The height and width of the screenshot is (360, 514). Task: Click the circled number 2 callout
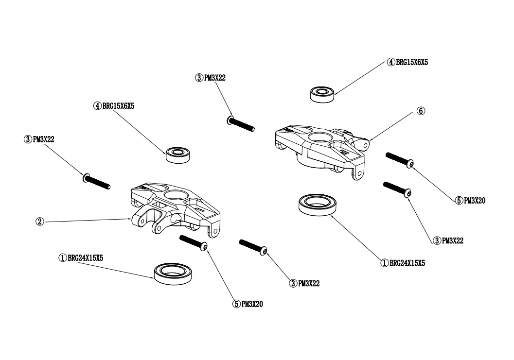(x=40, y=221)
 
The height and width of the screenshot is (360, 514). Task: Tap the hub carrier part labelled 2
(x=175, y=206)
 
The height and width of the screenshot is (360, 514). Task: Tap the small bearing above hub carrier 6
(x=321, y=93)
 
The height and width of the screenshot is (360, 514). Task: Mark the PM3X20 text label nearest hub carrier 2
(x=250, y=304)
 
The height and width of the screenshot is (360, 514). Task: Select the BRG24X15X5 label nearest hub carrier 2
(x=81, y=258)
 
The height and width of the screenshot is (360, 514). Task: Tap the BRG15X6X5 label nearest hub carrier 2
(x=114, y=105)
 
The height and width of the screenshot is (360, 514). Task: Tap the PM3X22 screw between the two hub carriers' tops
(x=241, y=123)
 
